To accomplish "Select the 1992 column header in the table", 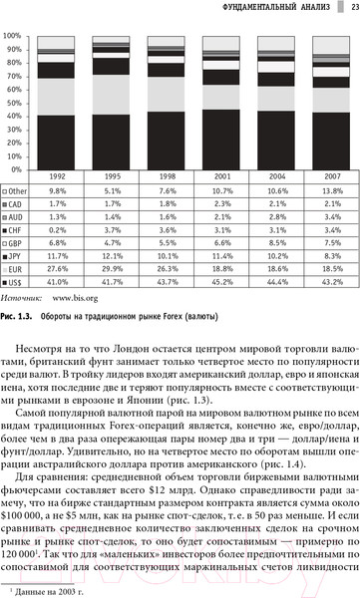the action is pos(58,176).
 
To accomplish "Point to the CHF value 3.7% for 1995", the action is pos(112,230).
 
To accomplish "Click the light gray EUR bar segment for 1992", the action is pos(58,97).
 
